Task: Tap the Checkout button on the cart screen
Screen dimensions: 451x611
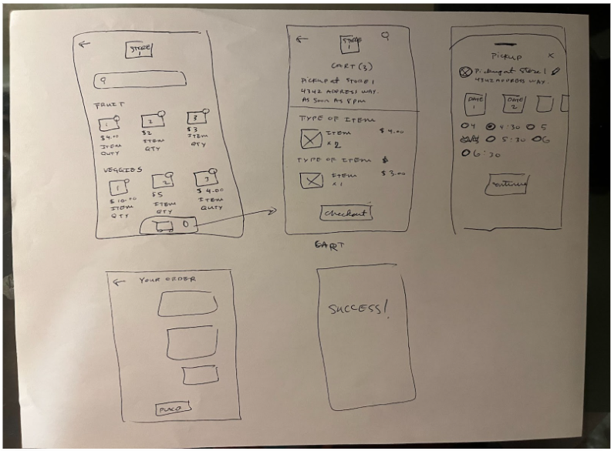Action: click(x=346, y=213)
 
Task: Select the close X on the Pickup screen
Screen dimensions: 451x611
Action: click(x=549, y=56)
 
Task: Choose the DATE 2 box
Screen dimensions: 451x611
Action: click(x=514, y=103)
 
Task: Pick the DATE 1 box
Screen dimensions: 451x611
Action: click(x=476, y=103)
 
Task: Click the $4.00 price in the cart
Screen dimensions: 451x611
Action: click(x=392, y=133)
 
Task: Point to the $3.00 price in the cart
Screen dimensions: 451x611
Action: click(x=393, y=174)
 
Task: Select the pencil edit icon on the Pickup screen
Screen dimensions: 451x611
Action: click(x=556, y=71)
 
